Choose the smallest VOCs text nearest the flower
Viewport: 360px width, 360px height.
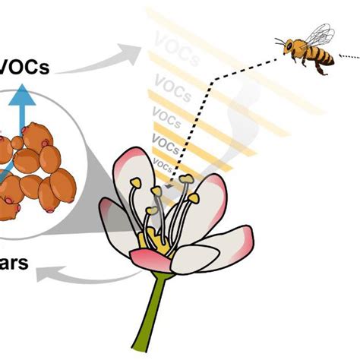click(163, 162)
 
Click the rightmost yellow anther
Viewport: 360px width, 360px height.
click(193, 199)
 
